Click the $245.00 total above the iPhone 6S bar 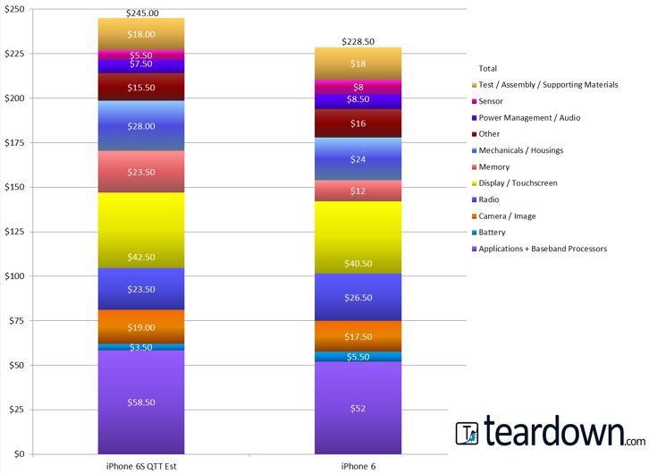point(141,13)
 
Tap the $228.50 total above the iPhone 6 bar point(358,42)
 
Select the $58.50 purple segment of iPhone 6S point(141,402)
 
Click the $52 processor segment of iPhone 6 point(358,408)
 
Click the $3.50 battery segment point(141,347)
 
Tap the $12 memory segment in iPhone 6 point(358,191)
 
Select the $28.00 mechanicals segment point(141,126)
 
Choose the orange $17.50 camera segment point(358,336)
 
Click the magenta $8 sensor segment point(358,87)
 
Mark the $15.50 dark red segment point(141,88)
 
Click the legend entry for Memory point(493,166)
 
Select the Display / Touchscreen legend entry point(518,182)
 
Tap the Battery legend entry point(492,232)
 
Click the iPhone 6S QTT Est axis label point(141,467)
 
